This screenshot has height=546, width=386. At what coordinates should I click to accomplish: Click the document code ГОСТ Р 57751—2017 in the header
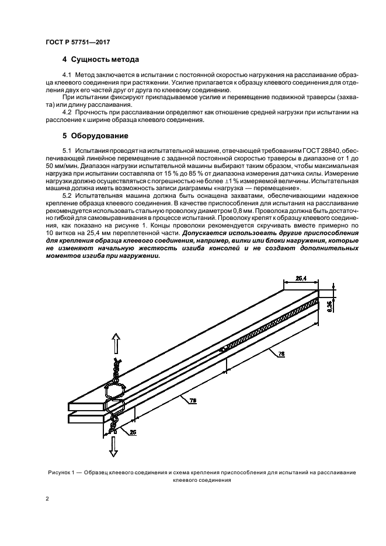[78, 41]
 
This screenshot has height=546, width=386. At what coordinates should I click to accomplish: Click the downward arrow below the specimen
[115, 447]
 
